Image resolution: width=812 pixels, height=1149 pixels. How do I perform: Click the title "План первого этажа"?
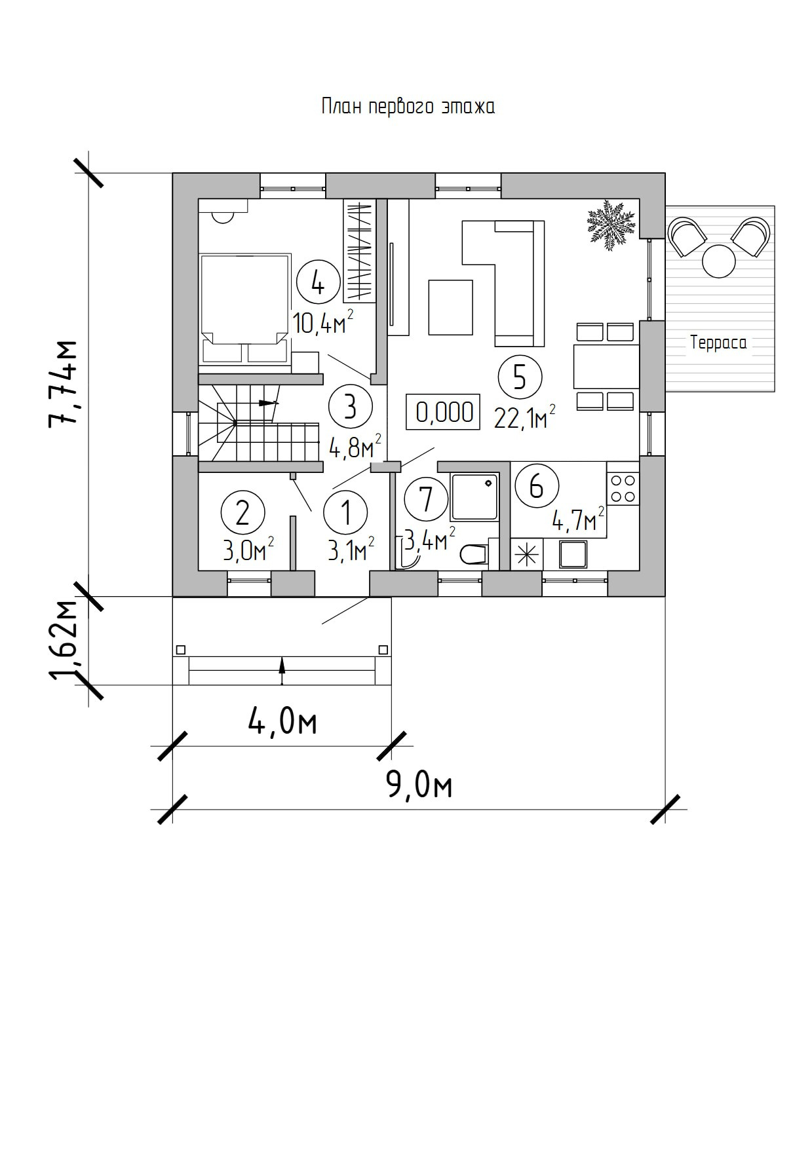coord(408,107)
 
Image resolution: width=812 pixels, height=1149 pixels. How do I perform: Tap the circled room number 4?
coord(319,284)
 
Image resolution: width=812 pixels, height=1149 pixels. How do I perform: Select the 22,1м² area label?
coord(525,417)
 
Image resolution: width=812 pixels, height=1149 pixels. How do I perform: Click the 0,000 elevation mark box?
coord(444,412)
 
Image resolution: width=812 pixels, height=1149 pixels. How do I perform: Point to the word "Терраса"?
coord(718,342)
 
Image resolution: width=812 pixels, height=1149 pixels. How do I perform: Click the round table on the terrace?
coord(719,261)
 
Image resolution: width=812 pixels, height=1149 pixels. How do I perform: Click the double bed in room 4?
coord(245,309)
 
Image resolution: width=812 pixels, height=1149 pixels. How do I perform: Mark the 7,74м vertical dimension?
coord(64,383)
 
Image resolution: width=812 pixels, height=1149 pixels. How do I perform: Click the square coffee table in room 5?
coord(451,307)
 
